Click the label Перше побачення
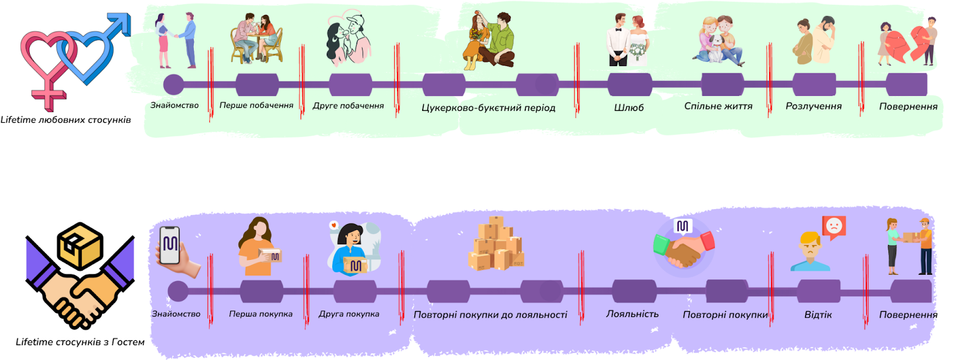256,105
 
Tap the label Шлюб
628,108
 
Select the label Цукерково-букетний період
488,108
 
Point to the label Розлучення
813,106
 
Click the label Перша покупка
261,314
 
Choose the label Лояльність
632,314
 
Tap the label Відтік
817,315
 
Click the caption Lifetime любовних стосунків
66,120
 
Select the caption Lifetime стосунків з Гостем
80,342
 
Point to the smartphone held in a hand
169,246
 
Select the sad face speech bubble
834,227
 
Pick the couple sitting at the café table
256,39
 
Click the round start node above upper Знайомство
174,84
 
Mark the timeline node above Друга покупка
355,291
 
